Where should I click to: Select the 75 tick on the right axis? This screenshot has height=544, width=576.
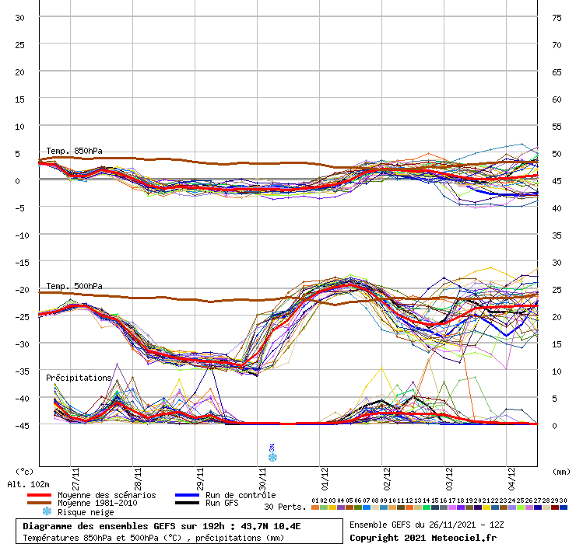557,17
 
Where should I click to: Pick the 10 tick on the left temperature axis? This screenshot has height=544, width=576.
21,126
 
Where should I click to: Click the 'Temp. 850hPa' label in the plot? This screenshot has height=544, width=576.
74,151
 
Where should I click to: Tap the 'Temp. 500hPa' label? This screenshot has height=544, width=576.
74,286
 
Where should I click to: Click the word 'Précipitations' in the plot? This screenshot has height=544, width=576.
79,378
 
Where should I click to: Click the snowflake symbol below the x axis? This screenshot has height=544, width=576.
272,457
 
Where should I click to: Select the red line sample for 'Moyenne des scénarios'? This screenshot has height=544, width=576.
39,495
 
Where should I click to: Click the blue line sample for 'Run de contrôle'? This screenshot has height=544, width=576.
186,495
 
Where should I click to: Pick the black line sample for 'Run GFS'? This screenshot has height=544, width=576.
186,504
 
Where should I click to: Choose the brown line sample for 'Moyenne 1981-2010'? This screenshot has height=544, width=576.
39,504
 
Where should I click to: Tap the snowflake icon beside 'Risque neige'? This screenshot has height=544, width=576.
47,512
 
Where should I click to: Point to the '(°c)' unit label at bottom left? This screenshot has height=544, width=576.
24,472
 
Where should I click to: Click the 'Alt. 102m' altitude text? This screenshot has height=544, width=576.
30,484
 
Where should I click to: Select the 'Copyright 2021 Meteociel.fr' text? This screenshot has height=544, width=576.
423,537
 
